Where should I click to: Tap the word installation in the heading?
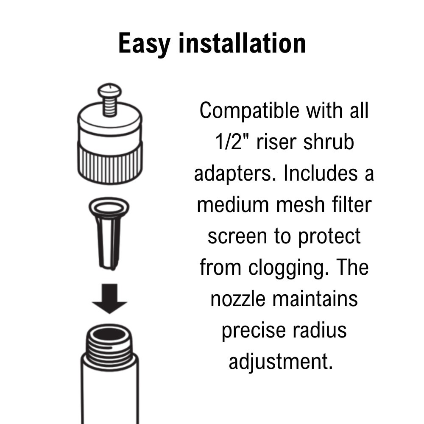pyautogui.click(x=242, y=43)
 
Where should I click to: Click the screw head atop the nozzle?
pyautogui.click(x=109, y=90)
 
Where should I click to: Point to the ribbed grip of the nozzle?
pyautogui.click(x=110, y=166)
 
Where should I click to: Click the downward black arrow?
pyautogui.click(x=109, y=298)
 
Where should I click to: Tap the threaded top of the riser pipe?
pyautogui.click(x=109, y=343)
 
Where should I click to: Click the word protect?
pyautogui.click(x=329, y=236)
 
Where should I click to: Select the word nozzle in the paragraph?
pyautogui.click(x=238, y=299)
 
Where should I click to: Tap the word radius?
pyautogui.click(x=321, y=329)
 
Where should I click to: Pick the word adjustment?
pyautogui.click(x=281, y=362)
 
